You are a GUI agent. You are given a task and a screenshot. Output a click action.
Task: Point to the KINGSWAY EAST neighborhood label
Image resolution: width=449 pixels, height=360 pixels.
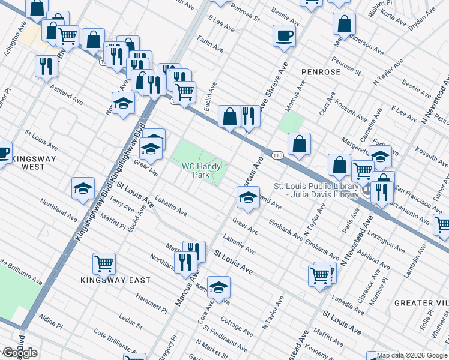tap(116, 280)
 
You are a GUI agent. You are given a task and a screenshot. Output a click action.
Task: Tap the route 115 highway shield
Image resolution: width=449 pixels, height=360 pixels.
tap(277, 155)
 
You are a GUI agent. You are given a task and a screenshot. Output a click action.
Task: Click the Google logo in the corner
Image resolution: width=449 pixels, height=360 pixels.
tap(20, 352)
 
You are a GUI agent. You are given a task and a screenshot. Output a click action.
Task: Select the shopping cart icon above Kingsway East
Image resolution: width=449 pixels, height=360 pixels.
tap(104, 264)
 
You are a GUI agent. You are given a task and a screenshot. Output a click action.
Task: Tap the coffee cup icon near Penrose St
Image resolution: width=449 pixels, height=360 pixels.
tap(284, 35)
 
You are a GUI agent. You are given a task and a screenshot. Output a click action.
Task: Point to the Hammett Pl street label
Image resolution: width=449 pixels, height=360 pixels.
tap(151, 304)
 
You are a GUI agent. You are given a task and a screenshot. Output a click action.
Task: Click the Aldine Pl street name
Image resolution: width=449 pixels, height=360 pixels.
tap(50, 322)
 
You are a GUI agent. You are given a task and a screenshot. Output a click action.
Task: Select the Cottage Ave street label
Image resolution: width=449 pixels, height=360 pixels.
tap(237, 327)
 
